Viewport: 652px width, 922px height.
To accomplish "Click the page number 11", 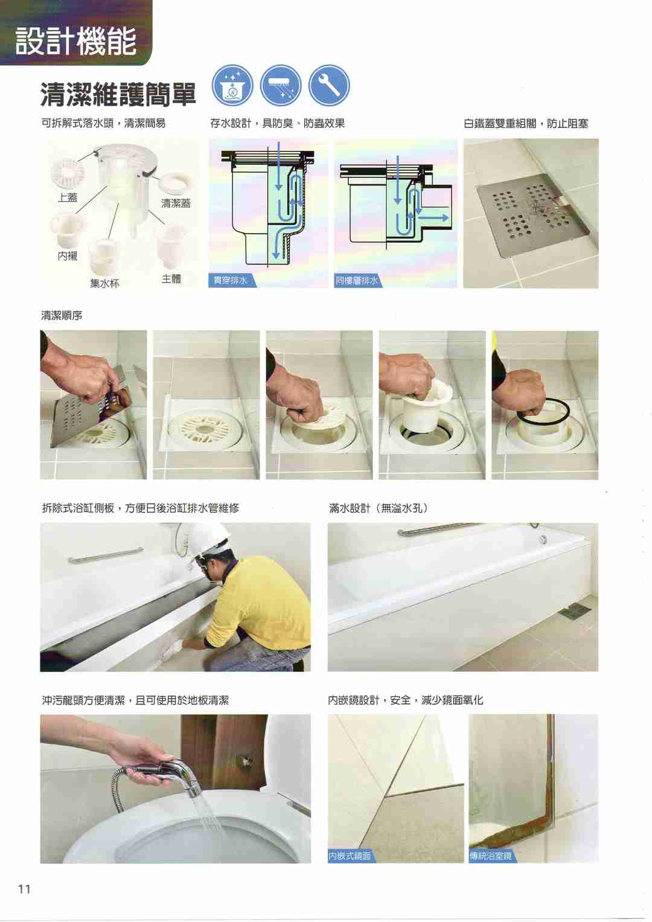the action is (24, 889).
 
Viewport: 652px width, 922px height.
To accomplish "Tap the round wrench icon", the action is (329, 86).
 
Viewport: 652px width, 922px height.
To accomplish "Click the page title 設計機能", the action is (76, 40).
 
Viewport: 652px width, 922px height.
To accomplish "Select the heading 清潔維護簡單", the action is (118, 94).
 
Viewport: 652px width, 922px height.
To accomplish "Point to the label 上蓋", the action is (68, 197).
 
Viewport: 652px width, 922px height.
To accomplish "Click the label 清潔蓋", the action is (176, 203).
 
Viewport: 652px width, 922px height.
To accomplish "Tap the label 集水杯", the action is (104, 283).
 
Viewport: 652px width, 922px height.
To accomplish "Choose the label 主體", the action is (171, 279).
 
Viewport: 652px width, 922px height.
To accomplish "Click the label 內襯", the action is (68, 256).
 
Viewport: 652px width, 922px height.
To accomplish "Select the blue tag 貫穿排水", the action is (231, 281).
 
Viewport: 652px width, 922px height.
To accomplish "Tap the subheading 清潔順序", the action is (62, 316).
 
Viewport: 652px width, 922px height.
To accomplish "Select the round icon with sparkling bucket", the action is (232, 86).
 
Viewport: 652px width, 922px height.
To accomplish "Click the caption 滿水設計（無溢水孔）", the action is (379, 508).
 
